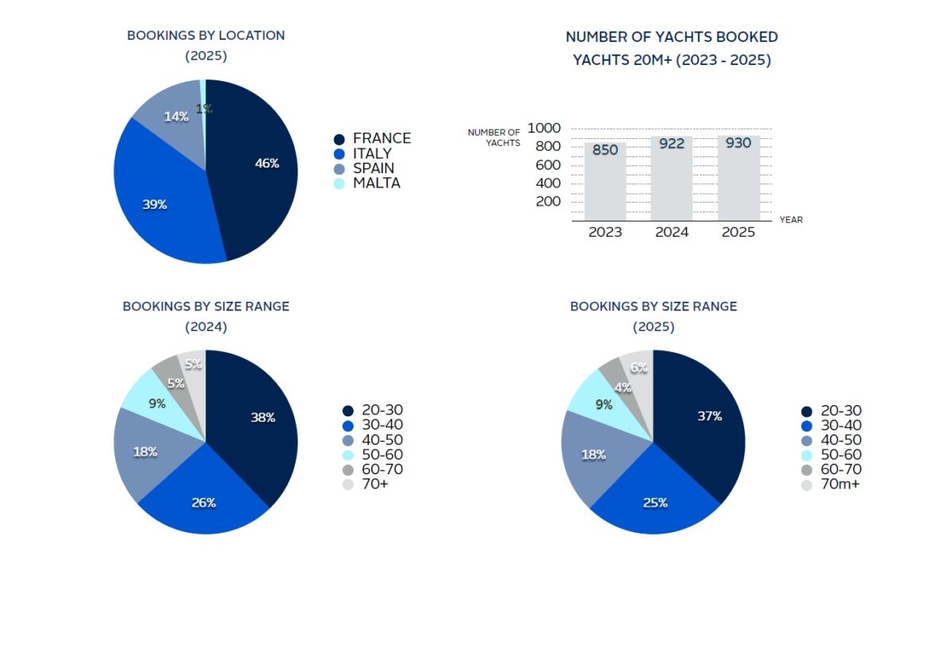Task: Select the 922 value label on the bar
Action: pos(672,145)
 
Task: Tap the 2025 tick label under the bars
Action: pos(739,233)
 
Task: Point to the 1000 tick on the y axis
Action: pos(543,128)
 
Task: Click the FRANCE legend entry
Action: pos(381,138)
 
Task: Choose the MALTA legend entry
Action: pos(376,183)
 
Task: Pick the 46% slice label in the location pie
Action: pos(267,164)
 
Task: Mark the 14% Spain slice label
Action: pos(175,117)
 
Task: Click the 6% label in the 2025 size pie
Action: pos(639,368)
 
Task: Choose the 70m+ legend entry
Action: pos(840,484)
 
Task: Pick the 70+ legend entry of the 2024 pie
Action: pos(374,484)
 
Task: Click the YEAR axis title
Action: pos(791,220)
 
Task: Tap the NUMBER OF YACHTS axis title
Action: pos(493,137)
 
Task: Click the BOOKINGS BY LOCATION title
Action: pos(205,36)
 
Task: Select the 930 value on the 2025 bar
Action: pos(739,144)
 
